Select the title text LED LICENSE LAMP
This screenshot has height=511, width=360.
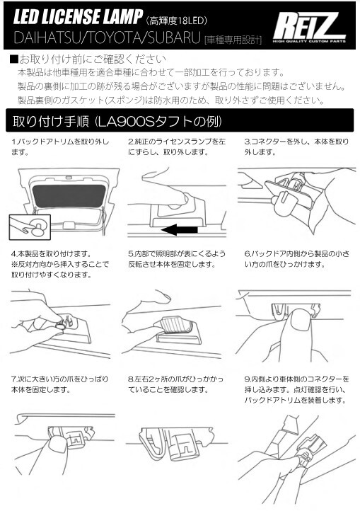point(79,16)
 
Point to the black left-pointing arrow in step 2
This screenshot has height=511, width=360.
point(180,229)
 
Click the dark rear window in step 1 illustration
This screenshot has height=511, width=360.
point(69,196)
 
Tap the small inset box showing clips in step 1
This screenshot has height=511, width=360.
point(30,226)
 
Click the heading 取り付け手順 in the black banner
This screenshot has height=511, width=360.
point(50,121)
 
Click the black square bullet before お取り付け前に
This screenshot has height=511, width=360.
point(13,59)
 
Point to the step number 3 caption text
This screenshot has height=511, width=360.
point(296,147)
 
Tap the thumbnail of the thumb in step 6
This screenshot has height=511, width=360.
point(300,319)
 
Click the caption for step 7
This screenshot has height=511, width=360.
point(60,384)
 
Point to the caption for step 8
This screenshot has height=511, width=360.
point(176,384)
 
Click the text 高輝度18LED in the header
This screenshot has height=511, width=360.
point(178,21)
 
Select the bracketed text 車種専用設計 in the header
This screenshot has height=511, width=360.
point(233,40)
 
